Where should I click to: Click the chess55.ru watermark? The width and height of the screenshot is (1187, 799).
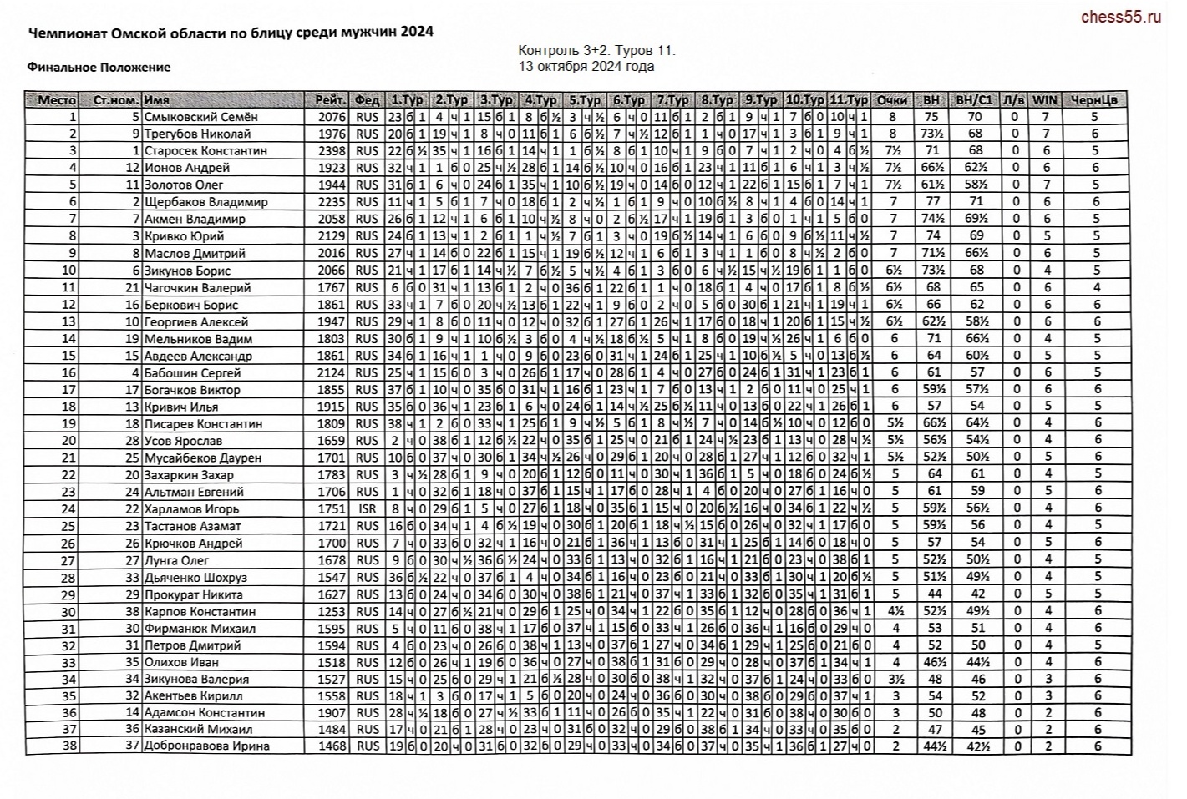(x=1120, y=17)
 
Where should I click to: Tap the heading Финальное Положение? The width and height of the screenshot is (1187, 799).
(x=99, y=67)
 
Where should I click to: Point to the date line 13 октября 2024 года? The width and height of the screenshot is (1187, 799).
(x=586, y=67)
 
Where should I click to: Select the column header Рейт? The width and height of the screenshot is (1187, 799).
(x=330, y=100)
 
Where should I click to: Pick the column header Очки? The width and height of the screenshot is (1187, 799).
(x=891, y=100)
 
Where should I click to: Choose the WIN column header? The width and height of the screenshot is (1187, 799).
(x=1044, y=100)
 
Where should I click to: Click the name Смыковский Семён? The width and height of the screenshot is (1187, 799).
(x=200, y=117)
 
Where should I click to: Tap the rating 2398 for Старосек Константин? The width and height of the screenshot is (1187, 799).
(x=332, y=151)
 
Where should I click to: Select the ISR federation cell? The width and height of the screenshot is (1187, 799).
(x=367, y=509)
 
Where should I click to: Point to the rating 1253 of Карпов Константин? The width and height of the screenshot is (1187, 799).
(x=332, y=611)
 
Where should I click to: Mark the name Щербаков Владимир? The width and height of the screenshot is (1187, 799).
(x=205, y=202)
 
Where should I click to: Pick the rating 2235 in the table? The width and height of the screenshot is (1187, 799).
(x=332, y=202)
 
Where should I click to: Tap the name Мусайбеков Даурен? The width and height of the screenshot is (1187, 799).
(x=202, y=458)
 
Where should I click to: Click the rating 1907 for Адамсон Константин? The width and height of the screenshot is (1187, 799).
(x=332, y=713)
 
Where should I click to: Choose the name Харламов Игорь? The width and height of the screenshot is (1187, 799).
(x=191, y=509)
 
